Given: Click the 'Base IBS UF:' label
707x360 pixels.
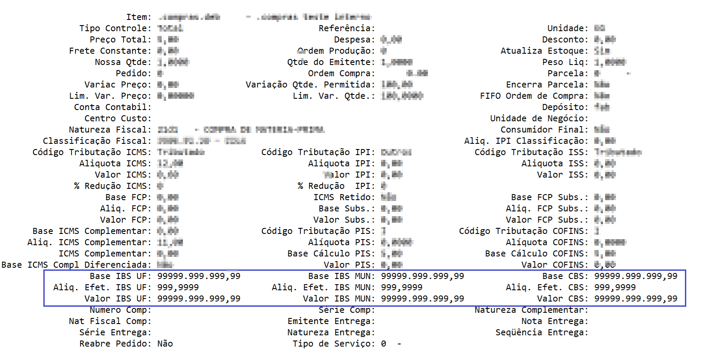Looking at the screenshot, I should click(120, 276).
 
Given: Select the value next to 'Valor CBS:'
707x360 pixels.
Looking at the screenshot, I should click(635, 299).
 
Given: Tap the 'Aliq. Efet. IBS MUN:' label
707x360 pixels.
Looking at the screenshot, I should click(323, 288).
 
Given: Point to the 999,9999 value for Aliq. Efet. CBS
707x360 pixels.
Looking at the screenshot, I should click(615, 288).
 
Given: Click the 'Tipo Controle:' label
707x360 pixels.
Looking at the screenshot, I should click(115, 29).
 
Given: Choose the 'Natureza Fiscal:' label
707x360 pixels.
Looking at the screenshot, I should click(110, 130).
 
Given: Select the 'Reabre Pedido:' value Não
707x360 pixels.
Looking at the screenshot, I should click(165, 344).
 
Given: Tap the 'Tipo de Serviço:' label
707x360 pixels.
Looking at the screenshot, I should click(333, 344).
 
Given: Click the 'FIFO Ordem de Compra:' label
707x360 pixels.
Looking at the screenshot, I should click(534, 96).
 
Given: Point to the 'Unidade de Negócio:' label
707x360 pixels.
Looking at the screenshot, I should click(539, 119).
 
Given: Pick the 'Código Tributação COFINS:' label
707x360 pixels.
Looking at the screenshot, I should click(523, 231).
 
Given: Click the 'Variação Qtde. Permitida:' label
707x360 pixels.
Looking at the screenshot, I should click(310, 85).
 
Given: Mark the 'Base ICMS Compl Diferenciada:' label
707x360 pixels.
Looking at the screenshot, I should click(76, 265).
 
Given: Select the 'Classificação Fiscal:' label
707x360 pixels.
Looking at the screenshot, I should click(97, 141).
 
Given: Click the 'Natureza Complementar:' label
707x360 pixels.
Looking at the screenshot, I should click(531, 310).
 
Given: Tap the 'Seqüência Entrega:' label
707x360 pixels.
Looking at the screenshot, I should click(541, 333).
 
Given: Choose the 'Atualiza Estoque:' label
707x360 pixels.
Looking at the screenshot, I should click(544, 51).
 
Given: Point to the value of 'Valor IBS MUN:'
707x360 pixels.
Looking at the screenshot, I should click(422, 299).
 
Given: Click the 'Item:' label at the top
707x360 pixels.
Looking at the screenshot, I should click(138, 17).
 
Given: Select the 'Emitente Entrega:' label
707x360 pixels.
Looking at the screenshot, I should click(331, 321).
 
